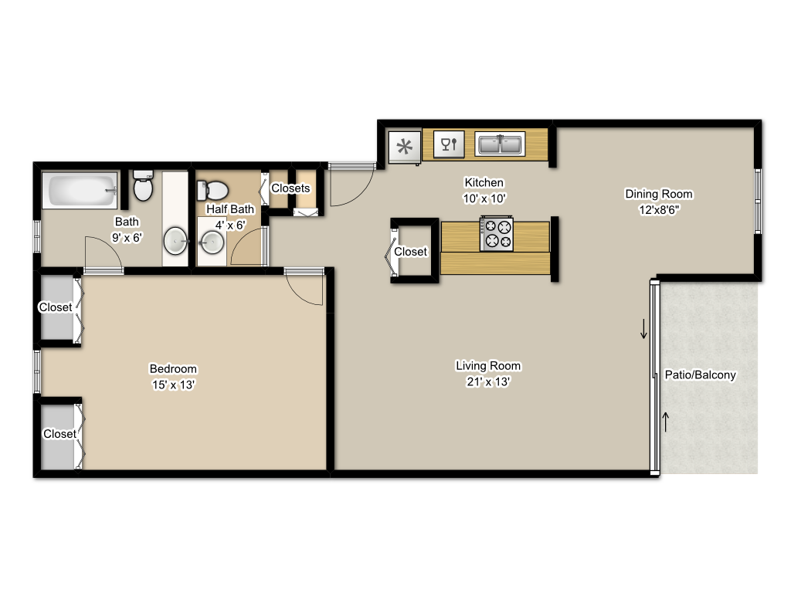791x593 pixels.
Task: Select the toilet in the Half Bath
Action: [212, 189]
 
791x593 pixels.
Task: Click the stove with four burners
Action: [497, 234]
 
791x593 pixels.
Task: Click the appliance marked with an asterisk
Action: [404, 147]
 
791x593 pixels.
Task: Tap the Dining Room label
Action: [659, 194]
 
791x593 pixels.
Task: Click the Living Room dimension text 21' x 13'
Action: [488, 381]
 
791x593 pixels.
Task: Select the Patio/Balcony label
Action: [701, 375]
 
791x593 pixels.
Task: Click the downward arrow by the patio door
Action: [643, 330]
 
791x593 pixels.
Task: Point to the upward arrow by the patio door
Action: [665, 421]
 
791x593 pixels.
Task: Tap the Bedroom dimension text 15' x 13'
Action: [173, 384]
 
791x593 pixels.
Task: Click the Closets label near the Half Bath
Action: [290, 188]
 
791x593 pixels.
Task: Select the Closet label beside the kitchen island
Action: [410, 252]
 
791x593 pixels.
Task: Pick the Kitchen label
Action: [484, 183]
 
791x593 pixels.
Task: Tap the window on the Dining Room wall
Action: [758, 200]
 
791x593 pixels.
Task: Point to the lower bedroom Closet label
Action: [59, 434]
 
